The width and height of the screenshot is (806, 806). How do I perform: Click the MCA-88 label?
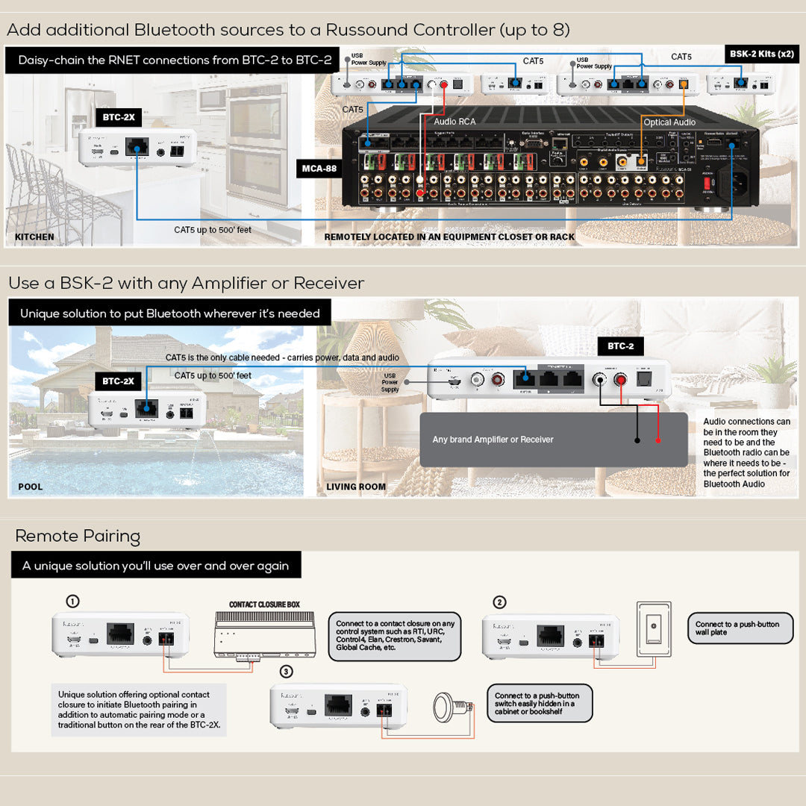[x=319, y=169]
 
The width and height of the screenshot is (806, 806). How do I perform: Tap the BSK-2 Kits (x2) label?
[x=761, y=54]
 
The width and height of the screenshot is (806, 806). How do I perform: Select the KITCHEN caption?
[x=34, y=237]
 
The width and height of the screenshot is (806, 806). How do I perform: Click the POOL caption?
[x=31, y=487]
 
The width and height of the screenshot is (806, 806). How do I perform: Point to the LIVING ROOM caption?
[x=356, y=487]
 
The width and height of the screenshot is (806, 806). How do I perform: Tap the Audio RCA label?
[x=454, y=121]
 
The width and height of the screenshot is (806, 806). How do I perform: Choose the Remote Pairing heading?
[x=78, y=536]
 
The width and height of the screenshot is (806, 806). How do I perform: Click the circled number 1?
[x=73, y=602]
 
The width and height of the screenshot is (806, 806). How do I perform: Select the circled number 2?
[x=500, y=602]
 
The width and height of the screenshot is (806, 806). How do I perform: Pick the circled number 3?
[x=287, y=672]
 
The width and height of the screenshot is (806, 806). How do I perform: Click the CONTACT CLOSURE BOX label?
[x=264, y=604]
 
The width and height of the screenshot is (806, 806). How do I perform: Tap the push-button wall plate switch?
[x=653, y=628]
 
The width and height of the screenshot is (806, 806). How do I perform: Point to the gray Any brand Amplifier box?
[x=553, y=440]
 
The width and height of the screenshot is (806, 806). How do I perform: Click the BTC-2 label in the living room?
[x=620, y=346]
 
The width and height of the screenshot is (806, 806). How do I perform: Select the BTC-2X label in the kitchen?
[x=119, y=117]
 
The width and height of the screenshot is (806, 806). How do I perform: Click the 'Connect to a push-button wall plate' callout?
[x=740, y=628]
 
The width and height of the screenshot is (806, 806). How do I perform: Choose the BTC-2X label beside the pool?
[x=119, y=381]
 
